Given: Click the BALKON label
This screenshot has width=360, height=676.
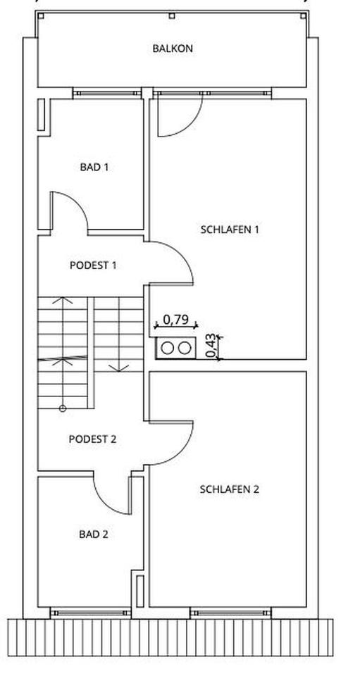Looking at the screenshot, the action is (x=173, y=49).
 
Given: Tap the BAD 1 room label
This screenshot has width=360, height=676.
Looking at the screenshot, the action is (x=94, y=167).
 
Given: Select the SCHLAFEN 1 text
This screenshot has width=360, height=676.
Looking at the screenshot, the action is (x=230, y=229).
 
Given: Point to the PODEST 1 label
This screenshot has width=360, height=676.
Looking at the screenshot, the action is (x=93, y=265).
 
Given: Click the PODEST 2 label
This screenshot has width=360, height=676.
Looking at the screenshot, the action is (x=93, y=439).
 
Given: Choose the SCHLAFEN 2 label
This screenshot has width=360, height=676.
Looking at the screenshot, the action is (x=230, y=489).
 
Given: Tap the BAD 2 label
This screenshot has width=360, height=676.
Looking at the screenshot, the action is (x=94, y=534).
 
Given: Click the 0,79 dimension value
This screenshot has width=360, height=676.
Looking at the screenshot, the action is (x=176, y=320).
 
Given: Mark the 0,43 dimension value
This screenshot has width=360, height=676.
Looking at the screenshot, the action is (x=211, y=346).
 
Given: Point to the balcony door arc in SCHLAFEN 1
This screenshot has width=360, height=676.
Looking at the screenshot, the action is (x=192, y=125).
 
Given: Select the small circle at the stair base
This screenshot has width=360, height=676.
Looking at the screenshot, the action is (x=63, y=408).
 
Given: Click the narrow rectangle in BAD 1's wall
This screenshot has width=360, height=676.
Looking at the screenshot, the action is (x=41, y=114).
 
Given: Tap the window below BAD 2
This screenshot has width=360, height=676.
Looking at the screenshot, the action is (x=91, y=612).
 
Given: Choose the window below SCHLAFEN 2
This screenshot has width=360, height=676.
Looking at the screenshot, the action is (x=230, y=612).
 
